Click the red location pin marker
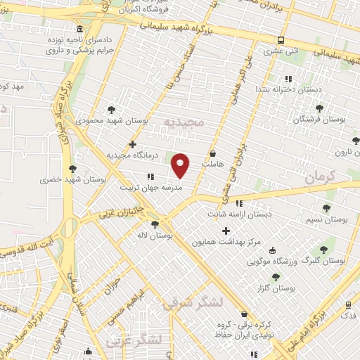click(x=181, y=165)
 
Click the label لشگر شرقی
click(x=191, y=302)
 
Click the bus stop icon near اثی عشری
click(x=281, y=40)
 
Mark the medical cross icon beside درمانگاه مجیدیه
click(x=132, y=144)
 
